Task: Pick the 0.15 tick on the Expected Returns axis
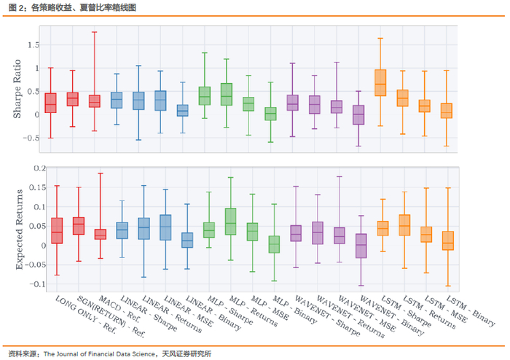tap(29, 189)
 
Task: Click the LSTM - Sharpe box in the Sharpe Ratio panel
tap(380, 82)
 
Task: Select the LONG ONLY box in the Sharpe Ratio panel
tap(50, 103)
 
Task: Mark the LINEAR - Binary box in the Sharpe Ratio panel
tap(182, 110)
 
